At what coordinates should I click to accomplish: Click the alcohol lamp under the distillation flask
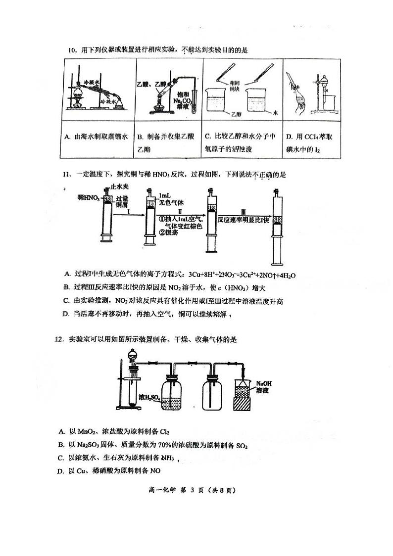78,104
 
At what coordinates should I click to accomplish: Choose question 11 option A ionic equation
180,274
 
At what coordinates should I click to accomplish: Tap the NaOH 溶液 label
264,387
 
